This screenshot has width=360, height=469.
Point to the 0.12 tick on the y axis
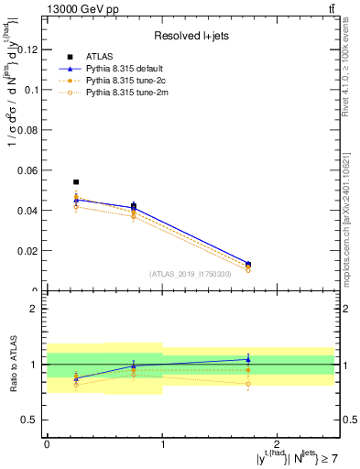[28, 49]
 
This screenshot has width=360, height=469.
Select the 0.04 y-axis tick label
[28, 211]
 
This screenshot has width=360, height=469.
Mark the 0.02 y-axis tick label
[28, 251]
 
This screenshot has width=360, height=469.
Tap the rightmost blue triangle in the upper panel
[248, 264]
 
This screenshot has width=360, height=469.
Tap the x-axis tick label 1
[162, 443]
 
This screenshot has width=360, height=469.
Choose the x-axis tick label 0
[47, 443]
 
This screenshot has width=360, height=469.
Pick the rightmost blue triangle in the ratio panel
[248, 360]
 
